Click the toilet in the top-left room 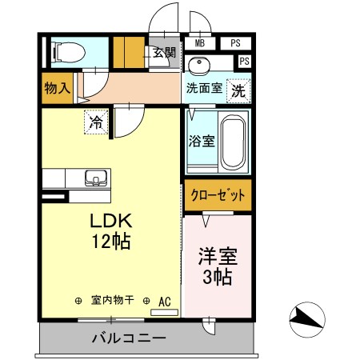(70, 52)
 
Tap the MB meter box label (200, 43)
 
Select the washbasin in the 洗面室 (199, 65)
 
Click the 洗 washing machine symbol (238, 91)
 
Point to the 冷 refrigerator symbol (96, 122)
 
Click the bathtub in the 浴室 (234, 143)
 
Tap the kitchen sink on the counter (96, 178)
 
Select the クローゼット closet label (218, 195)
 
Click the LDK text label (111, 221)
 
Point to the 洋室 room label (218, 257)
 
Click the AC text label (165, 302)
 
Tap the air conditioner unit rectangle (164, 313)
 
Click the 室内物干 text (113, 300)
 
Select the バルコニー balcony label (129, 338)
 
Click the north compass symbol (307, 319)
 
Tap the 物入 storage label (58, 88)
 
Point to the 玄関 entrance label (164, 53)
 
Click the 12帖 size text (111, 241)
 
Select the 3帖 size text (217, 278)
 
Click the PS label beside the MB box (235, 43)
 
